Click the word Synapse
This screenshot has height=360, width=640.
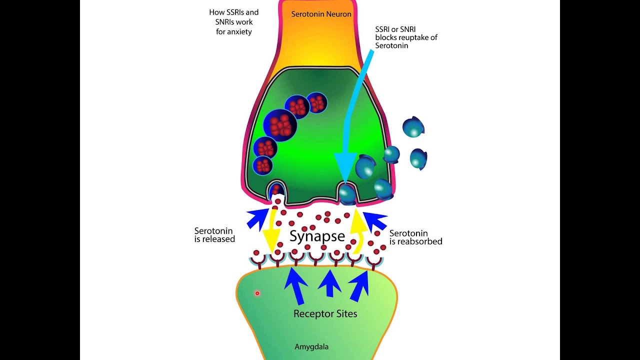[317, 236]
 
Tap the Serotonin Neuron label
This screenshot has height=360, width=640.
[321, 14]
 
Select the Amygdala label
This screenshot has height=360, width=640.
[311, 346]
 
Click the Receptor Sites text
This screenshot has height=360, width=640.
[325, 314]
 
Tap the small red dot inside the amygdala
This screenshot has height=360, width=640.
[257, 293]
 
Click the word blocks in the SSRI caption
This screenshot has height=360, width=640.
[386, 37]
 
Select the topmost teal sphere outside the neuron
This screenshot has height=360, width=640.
[413, 127]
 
